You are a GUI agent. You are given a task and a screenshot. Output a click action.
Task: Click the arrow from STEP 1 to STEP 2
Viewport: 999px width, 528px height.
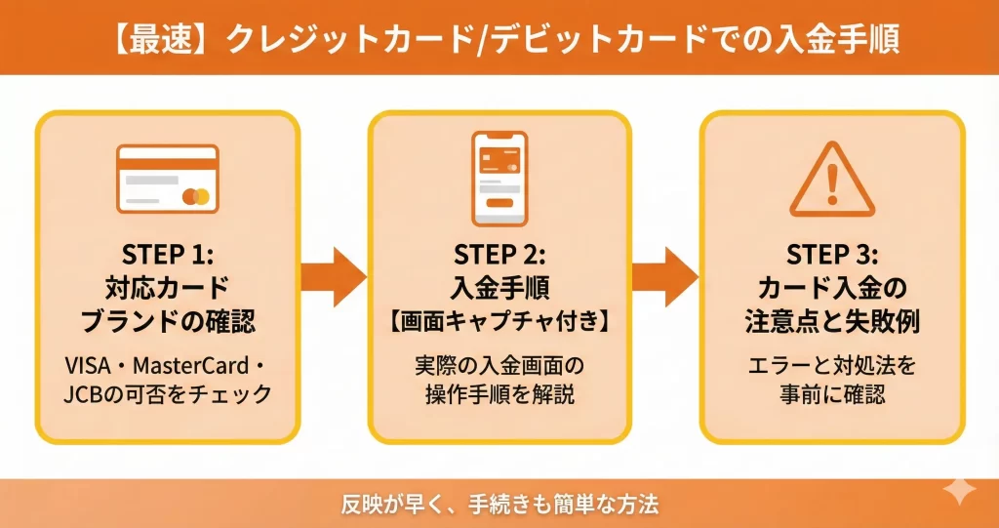[333, 276]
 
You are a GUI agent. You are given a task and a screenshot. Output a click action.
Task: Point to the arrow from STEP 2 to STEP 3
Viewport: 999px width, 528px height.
[665, 276]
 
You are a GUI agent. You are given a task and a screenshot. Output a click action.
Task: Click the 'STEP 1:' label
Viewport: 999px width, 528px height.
[167, 255]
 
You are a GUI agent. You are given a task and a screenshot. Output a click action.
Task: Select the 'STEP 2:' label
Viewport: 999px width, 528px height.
[499, 255]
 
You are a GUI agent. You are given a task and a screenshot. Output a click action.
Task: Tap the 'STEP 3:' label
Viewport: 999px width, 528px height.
[832, 255]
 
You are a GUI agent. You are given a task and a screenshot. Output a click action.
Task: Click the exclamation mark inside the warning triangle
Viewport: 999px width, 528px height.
[832, 183]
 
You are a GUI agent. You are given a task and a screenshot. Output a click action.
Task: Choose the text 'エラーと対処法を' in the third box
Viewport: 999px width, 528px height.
[832, 367]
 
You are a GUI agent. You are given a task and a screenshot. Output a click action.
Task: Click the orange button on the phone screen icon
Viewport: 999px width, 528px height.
[499, 203]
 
